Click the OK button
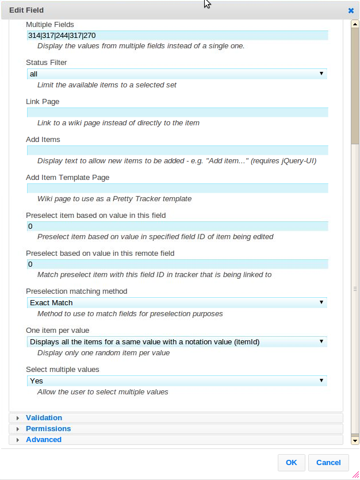click(291, 463)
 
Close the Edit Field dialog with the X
click(351, 10)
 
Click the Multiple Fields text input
click(177, 36)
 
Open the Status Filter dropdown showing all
click(177, 74)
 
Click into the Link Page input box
click(177, 113)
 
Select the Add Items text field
click(177, 151)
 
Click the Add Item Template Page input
click(177, 189)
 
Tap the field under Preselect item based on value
click(177, 226)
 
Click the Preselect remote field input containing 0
click(177, 264)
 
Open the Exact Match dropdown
click(177, 303)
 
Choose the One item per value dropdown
click(177, 342)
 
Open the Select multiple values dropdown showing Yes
click(177, 381)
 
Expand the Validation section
click(44, 418)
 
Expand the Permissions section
click(48, 429)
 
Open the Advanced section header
click(44, 440)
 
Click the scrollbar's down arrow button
click(355, 441)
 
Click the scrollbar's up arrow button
click(355, 24)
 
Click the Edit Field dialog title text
click(26, 10)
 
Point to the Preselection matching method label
click(76, 291)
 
